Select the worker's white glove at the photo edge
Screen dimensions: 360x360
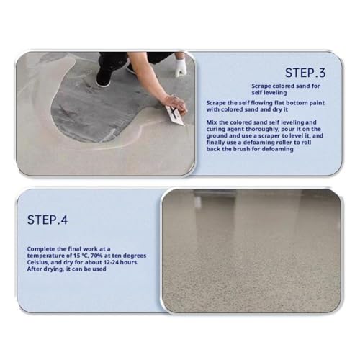pyautogui.click(x=181, y=66)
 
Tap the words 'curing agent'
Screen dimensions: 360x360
pyautogui.click(x=223, y=130)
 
